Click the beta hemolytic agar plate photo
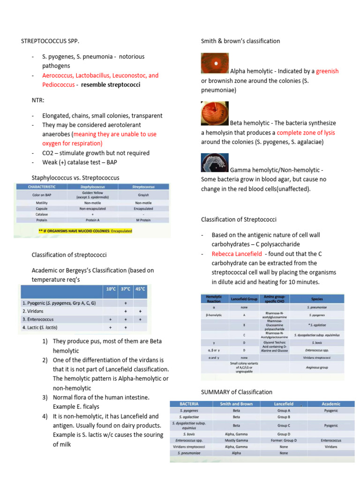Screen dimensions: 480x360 [x=215, y=114]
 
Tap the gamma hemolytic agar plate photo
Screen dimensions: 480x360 [x=215, y=163]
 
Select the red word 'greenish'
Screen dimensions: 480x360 [x=327, y=71]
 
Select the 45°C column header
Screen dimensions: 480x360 [x=140, y=289]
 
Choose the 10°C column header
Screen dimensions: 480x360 [x=111, y=289]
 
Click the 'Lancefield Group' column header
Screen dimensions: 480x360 [x=244, y=298]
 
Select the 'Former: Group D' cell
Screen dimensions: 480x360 [x=283, y=440]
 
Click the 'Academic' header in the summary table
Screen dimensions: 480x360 [x=331, y=404]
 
